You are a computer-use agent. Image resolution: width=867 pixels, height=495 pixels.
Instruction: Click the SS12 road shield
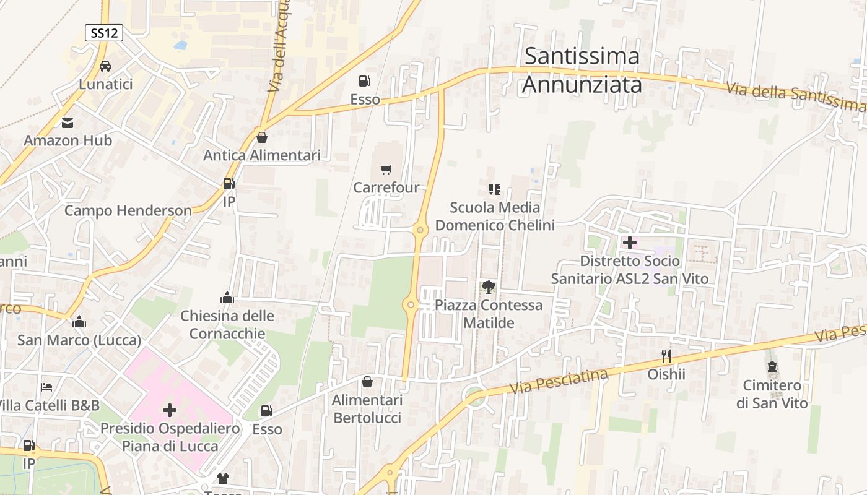[103, 33]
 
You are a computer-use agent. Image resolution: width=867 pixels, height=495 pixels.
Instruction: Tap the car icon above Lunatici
[105, 66]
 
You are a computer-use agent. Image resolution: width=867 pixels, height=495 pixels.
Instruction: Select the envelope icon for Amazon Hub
[68, 123]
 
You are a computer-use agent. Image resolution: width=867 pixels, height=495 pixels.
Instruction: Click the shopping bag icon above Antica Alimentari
[262, 137]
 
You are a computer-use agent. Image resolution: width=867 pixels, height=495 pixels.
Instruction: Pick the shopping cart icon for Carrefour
[386, 170]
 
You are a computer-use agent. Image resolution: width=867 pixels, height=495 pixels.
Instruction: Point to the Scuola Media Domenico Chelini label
[495, 216]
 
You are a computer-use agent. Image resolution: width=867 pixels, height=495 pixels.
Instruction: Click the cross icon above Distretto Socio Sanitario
[629, 243]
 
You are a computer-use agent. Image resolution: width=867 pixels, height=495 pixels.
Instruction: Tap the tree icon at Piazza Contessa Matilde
[489, 286]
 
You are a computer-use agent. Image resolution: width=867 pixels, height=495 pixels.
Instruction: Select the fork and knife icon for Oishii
[666, 356]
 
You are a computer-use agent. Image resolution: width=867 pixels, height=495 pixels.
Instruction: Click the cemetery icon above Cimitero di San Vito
[772, 368]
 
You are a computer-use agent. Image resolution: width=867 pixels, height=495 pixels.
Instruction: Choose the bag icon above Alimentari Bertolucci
[367, 382]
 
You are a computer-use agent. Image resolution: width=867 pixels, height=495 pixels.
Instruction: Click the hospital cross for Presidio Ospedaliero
[169, 410]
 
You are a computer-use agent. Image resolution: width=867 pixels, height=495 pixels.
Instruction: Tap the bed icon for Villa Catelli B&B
[46, 387]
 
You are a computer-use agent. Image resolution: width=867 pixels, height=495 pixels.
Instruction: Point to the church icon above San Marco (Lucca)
[79, 322]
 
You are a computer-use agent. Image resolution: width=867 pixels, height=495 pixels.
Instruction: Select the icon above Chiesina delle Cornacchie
[227, 298]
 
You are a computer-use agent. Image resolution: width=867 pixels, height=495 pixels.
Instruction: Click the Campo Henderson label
[128, 210]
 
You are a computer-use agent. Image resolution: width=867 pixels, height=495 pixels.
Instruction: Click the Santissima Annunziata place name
[582, 70]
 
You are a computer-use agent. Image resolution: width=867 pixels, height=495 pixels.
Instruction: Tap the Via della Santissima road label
[795, 97]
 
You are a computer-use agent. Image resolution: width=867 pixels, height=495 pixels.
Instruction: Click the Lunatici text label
[105, 84]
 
